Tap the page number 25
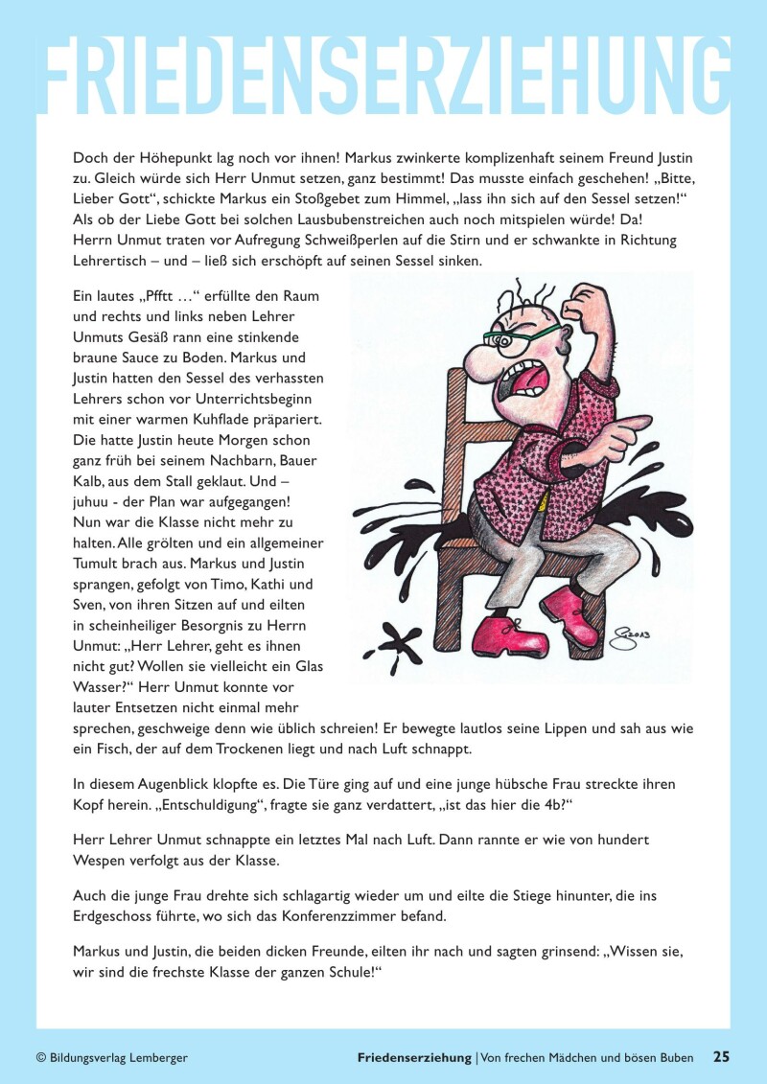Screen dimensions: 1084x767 721,1057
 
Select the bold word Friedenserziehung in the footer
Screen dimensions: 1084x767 413,1058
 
